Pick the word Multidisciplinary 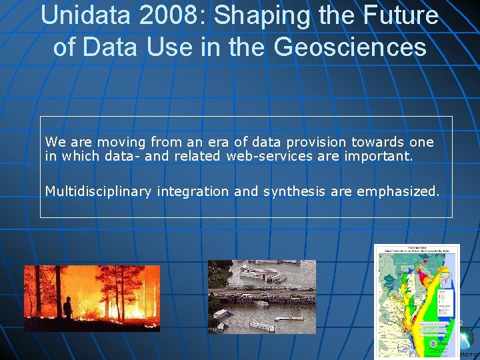(x=99, y=192)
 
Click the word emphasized (x=398, y=192)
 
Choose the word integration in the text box (x=194, y=192)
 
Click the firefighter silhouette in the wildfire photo (x=67, y=307)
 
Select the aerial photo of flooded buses (x=262, y=297)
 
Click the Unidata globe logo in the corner (x=469, y=339)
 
